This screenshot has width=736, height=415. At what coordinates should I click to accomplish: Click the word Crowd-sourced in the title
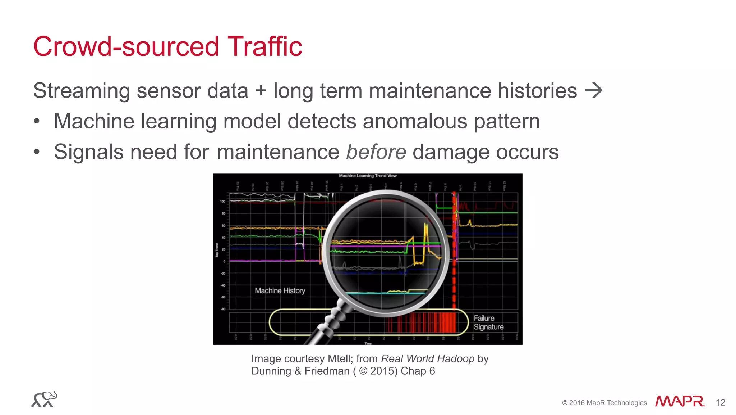[126, 47]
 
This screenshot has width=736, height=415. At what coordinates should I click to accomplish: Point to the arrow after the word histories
[594, 90]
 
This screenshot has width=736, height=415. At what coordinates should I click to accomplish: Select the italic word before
[376, 152]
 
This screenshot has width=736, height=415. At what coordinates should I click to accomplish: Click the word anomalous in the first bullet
[415, 121]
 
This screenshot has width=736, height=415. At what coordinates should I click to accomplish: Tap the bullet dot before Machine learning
[37, 122]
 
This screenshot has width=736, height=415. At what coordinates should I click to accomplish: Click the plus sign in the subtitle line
[261, 91]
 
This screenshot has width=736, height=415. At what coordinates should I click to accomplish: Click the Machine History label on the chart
[280, 290]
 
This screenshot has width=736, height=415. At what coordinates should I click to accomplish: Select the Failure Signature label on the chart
[488, 322]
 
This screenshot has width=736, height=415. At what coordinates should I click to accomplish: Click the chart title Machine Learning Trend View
[368, 176]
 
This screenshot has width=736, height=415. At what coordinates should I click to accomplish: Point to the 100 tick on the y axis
[223, 202]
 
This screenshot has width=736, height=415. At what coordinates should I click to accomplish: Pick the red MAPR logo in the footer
[679, 402]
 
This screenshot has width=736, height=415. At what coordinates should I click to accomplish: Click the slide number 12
[720, 402]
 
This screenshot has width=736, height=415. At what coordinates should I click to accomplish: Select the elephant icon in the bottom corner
[44, 400]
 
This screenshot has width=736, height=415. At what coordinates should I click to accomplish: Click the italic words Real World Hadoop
[427, 359]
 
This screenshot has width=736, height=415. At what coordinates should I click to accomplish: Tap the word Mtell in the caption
[340, 359]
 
